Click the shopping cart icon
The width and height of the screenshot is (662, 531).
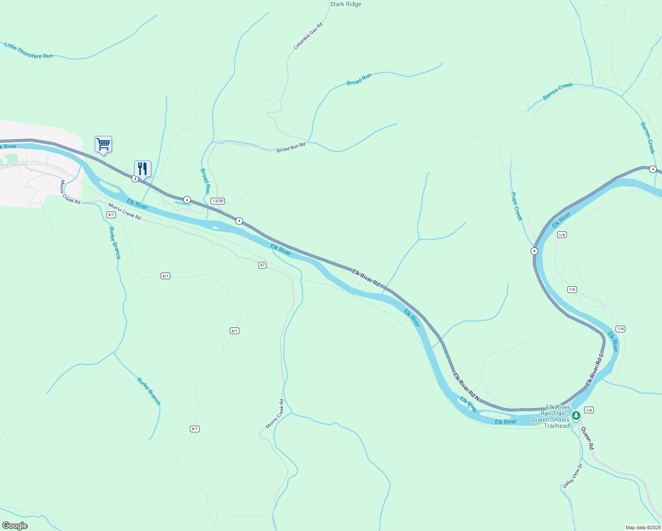[103, 144]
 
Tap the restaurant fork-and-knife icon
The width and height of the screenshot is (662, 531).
[142, 169]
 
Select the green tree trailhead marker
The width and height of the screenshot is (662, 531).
[576, 416]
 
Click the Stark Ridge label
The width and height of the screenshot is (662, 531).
[346, 4]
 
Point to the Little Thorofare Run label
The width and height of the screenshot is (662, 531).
[29, 51]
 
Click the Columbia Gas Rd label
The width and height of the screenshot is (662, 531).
[308, 36]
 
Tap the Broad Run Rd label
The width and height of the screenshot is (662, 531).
[291, 147]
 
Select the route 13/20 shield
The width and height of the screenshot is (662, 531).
[218, 201]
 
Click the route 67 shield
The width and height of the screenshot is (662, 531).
[262, 265]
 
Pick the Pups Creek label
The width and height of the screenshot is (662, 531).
[516, 206]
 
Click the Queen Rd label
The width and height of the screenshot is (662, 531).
[587, 438]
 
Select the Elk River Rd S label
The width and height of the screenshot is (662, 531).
[595, 370]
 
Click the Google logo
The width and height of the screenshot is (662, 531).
[15, 526]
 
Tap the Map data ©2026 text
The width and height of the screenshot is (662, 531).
[643, 527]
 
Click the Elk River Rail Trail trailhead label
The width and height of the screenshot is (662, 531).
[550, 416]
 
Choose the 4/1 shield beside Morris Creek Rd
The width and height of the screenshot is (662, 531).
[111, 215]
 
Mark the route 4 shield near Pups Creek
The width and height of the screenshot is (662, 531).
[534, 251]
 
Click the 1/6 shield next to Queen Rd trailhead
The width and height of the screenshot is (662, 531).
[589, 410]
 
